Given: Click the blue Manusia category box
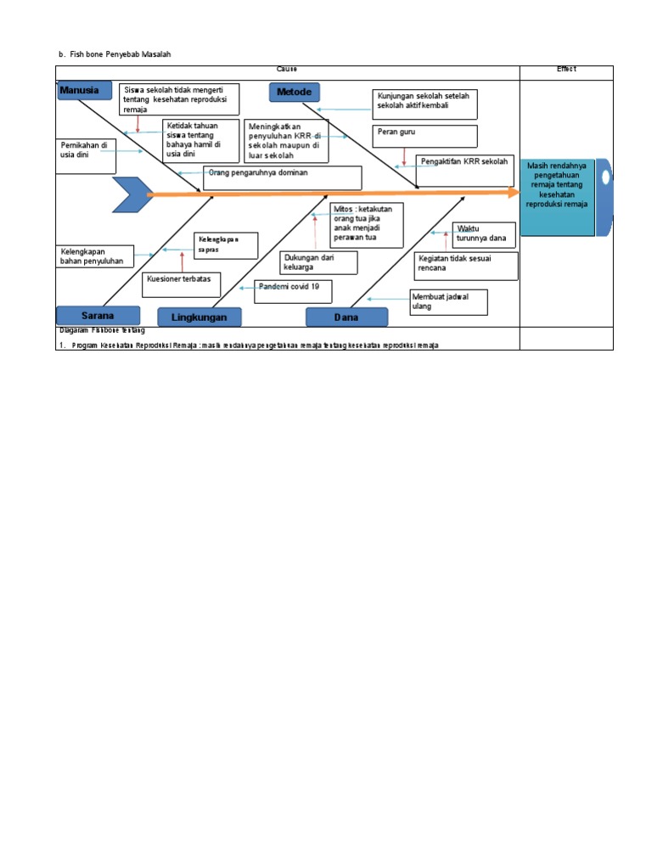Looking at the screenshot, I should [x=84, y=90].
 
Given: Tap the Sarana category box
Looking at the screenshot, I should [x=98, y=315].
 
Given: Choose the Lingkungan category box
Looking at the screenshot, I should [x=199, y=317].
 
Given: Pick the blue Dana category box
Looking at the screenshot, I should [x=346, y=317].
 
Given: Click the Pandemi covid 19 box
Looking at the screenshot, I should [x=293, y=291].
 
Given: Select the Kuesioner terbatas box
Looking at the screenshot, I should [x=182, y=284].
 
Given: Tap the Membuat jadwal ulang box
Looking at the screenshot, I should [x=449, y=301].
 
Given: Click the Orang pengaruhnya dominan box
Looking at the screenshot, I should [x=282, y=177].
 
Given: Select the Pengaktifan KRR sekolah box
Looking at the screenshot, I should [x=466, y=166].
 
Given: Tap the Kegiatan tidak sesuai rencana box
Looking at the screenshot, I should [x=467, y=266].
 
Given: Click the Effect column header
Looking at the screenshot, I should [x=566, y=69].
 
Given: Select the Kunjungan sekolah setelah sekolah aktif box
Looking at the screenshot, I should [x=427, y=104].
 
